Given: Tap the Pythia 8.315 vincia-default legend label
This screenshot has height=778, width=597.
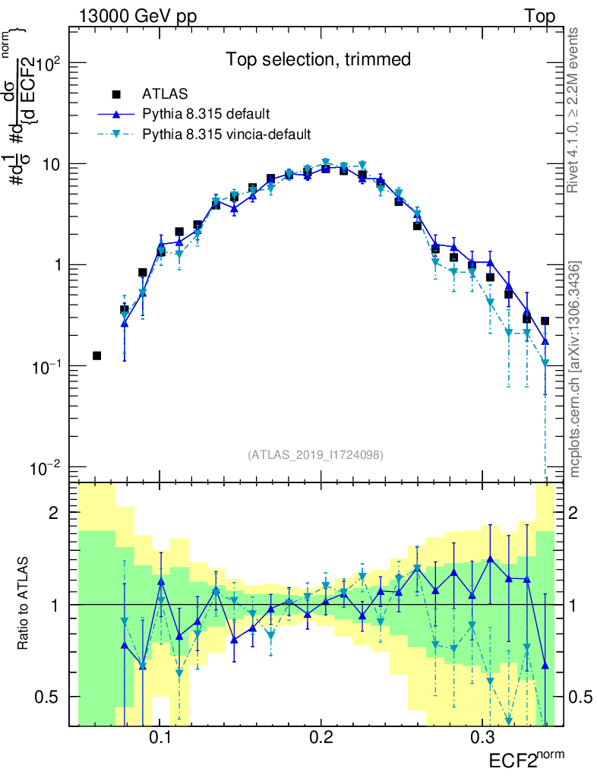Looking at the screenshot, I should click(x=227, y=134).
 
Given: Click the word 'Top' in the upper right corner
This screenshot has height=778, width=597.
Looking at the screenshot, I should click(x=539, y=17).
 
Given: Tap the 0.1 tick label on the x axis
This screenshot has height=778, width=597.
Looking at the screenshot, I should click(x=160, y=738).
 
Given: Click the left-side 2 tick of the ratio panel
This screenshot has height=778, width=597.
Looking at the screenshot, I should click(x=55, y=513).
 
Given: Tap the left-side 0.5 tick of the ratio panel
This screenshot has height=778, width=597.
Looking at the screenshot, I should click(x=49, y=697).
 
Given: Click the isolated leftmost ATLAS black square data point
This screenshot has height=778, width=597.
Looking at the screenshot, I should click(x=96, y=356).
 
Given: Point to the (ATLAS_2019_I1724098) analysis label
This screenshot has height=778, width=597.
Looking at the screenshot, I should click(x=315, y=454).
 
